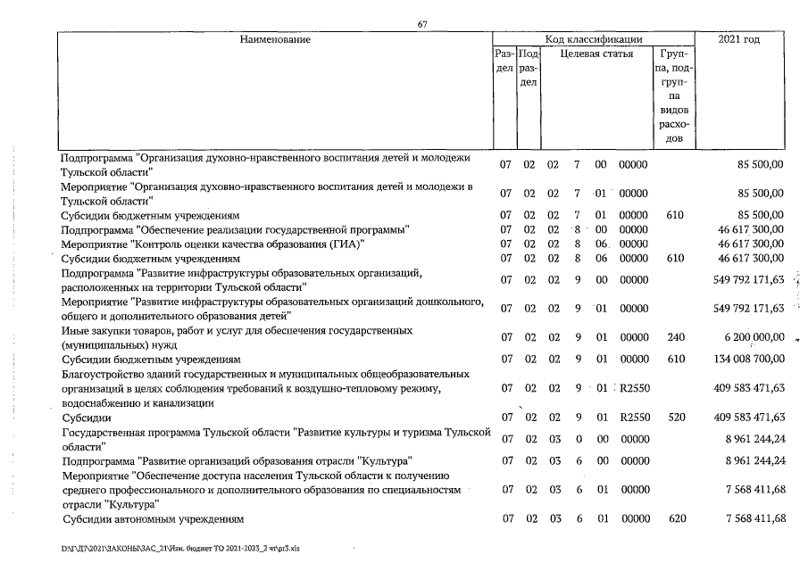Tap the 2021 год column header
pos(738,39)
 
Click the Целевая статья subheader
pos(596,54)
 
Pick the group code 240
pos(674,336)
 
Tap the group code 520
pos(674,417)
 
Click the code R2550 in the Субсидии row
pos(634,417)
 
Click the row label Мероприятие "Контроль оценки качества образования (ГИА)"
pos(213,244)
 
